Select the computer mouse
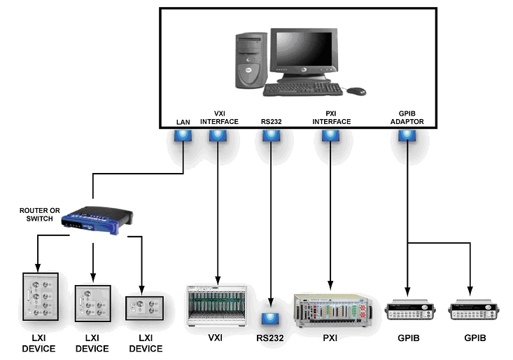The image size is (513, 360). point(356,91)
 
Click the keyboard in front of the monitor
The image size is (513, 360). point(302,89)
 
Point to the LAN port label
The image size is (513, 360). point(184,121)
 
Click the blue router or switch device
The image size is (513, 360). point(94,221)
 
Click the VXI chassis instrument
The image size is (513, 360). point(218,305)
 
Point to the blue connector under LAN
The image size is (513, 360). point(183,137)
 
